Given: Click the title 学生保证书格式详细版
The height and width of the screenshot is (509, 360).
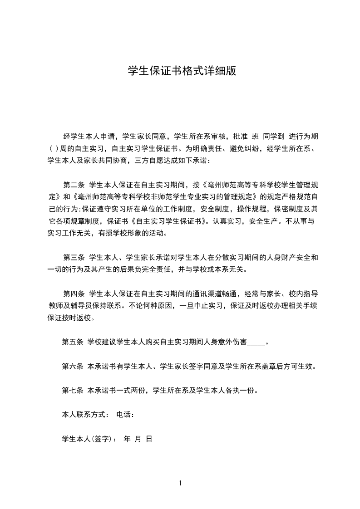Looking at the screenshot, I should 182,71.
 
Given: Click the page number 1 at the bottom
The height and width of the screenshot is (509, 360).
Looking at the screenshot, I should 180,483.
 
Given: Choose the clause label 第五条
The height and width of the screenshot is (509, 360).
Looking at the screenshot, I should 72,342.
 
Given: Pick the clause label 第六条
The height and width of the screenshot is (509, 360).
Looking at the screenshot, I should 72,366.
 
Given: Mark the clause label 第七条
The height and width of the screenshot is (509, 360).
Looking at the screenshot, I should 72,390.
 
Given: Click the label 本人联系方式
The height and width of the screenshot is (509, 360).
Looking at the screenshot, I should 84,415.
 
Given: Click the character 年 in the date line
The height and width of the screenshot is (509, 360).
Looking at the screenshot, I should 127,439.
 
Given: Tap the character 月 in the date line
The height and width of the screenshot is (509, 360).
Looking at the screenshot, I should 138,439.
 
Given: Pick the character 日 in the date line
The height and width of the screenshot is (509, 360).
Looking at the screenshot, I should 148,439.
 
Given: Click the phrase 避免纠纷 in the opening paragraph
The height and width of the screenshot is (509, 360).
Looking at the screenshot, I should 245,148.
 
